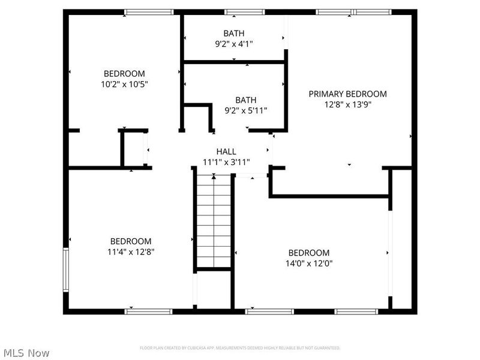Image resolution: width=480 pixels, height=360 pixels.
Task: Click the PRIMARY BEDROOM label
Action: click(347, 94)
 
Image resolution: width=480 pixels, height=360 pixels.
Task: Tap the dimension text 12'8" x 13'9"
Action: click(347, 104)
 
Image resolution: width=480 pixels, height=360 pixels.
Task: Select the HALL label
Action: click(226, 151)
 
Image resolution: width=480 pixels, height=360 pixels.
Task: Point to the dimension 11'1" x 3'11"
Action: click(226, 161)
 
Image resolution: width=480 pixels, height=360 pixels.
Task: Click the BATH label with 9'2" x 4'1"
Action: click(234, 33)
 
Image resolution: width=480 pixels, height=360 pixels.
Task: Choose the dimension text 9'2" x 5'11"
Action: click(245, 110)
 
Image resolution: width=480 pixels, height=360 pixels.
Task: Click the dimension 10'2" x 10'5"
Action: click(124, 84)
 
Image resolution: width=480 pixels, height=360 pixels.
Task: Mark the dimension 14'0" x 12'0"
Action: click(309, 263)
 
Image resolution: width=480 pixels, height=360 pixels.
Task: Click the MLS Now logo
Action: click(26, 353)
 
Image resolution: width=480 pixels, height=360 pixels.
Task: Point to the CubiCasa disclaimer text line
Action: click(240, 348)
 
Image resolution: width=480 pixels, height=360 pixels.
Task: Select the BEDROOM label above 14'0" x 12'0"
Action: click(309, 253)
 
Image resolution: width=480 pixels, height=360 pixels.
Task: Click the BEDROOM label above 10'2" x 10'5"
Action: click(124, 74)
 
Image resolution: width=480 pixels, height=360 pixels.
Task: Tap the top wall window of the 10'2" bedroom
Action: click(144, 11)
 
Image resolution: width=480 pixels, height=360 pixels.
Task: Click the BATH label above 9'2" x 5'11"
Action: click(245, 100)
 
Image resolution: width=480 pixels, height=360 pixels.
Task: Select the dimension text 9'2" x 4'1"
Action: click(234, 43)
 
